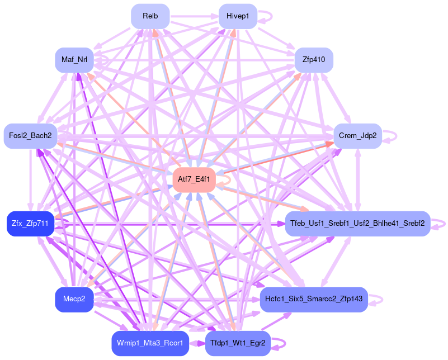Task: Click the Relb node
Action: (150, 16)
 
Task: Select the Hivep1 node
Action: (238, 16)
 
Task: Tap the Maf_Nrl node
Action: (74, 60)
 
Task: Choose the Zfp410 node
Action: (314, 60)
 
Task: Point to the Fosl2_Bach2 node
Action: (30, 136)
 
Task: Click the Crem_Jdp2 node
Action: (357, 136)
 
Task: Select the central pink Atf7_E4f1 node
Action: (194, 180)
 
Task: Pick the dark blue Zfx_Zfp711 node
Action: (30, 224)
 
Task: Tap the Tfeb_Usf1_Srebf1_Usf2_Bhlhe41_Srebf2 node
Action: (357, 224)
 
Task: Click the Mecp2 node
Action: (74, 300)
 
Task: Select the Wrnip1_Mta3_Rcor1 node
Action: (150, 343)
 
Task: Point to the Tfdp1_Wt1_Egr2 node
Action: (238, 343)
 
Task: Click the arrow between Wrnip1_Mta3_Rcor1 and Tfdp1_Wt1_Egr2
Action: (197, 343)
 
